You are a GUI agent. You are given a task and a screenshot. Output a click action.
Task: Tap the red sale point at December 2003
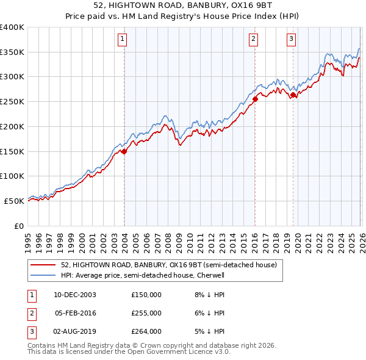click(x=124, y=151)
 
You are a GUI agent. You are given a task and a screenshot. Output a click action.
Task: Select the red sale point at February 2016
click(x=255, y=99)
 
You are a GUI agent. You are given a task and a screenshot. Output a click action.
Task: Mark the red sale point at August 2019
click(x=293, y=95)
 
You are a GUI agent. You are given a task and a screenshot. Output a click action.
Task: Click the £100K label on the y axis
click(x=12, y=176)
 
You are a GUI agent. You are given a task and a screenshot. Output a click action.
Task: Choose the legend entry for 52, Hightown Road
click(x=169, y=265)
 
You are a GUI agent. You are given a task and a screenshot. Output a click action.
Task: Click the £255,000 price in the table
click(x=146, y=313)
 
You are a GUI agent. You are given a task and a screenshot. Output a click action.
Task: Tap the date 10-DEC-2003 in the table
click(x=75, y=295)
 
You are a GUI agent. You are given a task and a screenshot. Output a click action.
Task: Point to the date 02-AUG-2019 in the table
click(x=75, y=331)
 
